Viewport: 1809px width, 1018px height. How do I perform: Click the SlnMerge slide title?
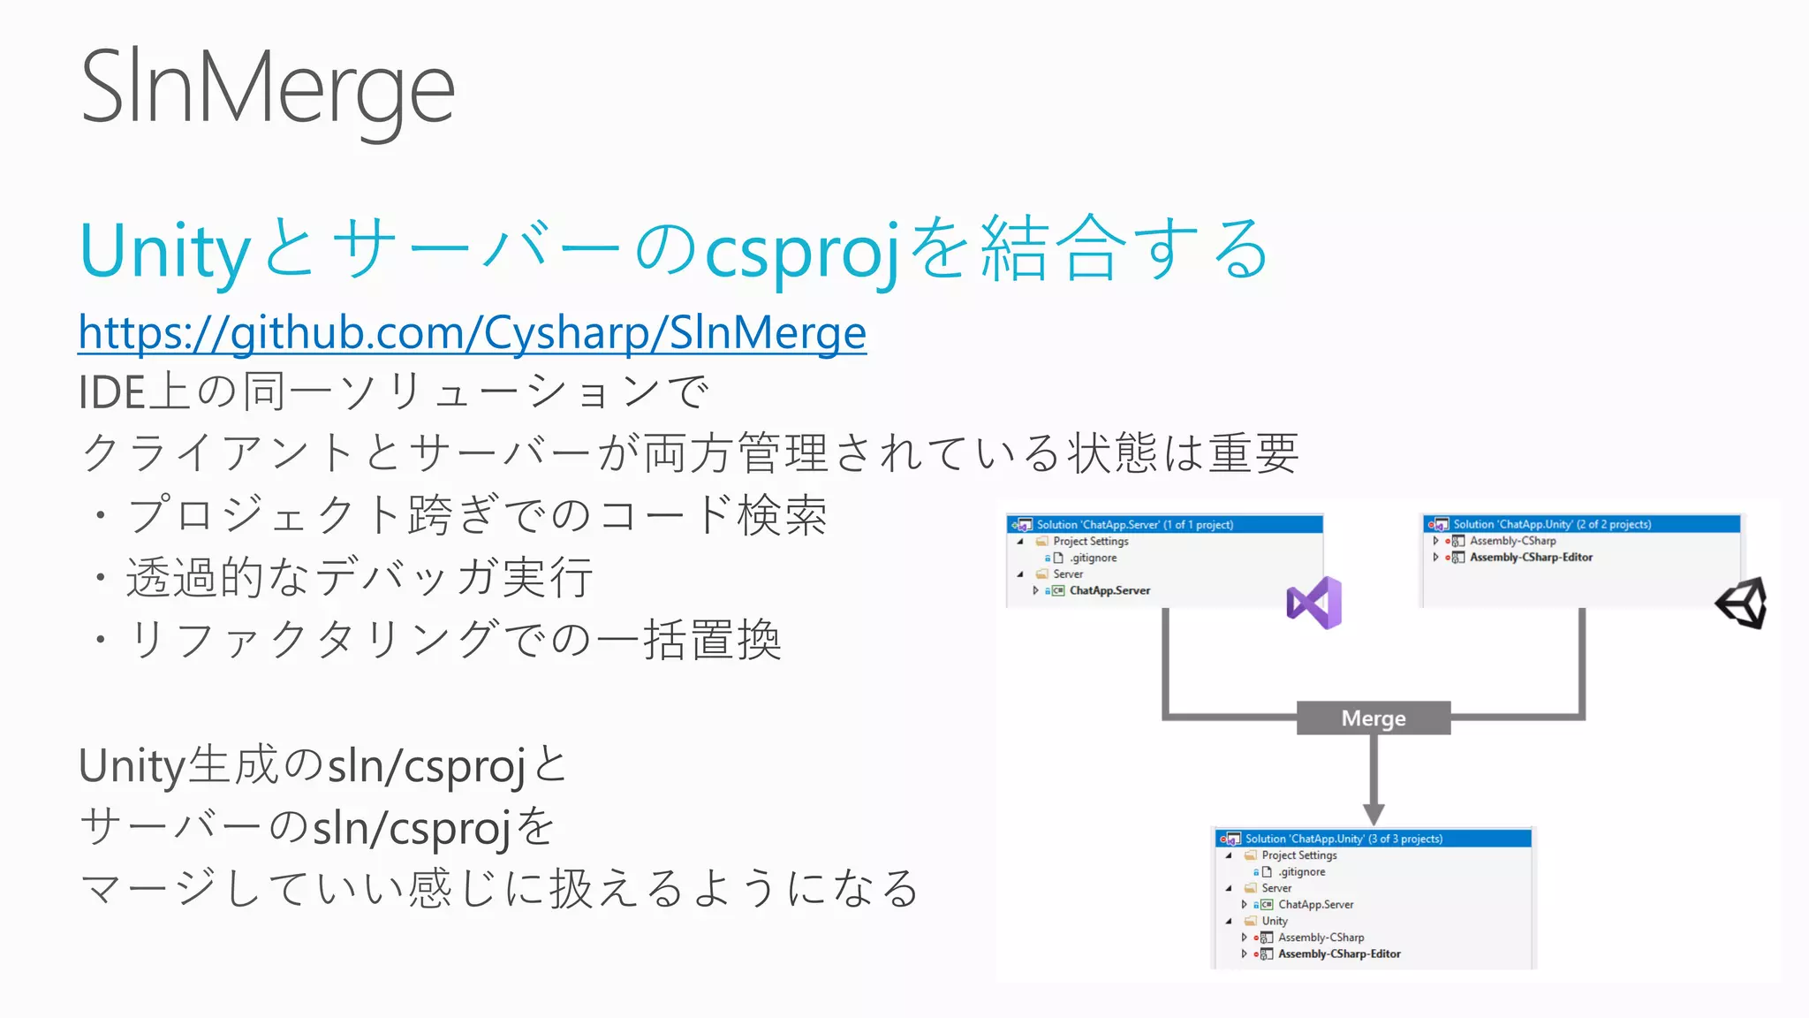pyautogui.click(x=268, y=88)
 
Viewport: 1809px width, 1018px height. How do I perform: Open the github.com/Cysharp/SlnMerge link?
pyautogui.click(x=472, y=333)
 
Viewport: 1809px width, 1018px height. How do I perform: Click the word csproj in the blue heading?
pyautogui.click(x=802, y=250)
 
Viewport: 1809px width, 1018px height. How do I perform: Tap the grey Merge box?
pyautogui.click(x=1373, y=718)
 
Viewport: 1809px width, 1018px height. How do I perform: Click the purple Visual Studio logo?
pyautogui.click(x=1314, y=603)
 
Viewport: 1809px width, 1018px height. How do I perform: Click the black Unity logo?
pyautogui.click(x=1742, y=604)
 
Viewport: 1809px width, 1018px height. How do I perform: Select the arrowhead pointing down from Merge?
pyautogui.click(x=1374, y=813)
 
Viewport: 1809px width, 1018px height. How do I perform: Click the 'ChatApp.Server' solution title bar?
pyautogui.click(x=1164, y=525)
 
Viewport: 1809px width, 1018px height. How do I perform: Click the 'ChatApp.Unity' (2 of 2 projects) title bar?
pyautogui.click(x=1581, y=524)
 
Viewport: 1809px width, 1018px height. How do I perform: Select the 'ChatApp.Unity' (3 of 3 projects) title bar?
pyautogui.click(x=1374, y=839)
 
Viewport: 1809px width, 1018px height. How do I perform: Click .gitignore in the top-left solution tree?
pyautogui.click(x=1094, y=558)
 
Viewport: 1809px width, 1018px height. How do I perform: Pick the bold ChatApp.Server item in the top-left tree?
pyautogui.click(x=1109, y=590)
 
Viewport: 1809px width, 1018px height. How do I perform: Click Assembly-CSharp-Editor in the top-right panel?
pyautogui.click(x=1531, y=558)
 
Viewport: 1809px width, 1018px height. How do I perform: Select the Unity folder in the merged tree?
pyautogui.click(x=1274, y=921)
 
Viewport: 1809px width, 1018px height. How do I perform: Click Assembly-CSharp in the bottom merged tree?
pyautogui.click(x=1321, y=938)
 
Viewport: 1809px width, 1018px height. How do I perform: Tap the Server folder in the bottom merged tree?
pyautogui.click(x=1275, y=888)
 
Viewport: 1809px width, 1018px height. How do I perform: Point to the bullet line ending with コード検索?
pyautogui.click(x=477, y=515)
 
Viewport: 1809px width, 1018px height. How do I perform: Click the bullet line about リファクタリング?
pyautogui.click(x=454, y=639)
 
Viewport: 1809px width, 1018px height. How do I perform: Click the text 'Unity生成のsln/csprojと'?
pyautogui.click(x=323, y=765)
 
